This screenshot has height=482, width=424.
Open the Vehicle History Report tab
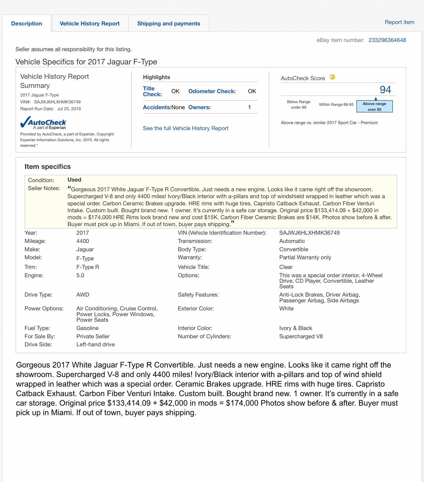89,23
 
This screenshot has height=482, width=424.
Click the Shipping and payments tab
168,23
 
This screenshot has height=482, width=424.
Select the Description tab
26,23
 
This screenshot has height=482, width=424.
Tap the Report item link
399,22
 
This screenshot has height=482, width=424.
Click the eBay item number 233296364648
387,40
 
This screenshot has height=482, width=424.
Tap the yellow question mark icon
332,77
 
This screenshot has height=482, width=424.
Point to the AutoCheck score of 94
385,90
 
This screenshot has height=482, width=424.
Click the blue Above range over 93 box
374,106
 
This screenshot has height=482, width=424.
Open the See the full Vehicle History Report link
185,128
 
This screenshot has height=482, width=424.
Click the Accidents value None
178,107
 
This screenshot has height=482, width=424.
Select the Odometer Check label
212,91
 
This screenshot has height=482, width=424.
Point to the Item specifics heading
47,166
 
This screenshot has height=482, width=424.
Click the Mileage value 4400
83,241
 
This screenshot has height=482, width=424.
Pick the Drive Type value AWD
83,295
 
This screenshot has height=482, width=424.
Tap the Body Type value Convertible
293,249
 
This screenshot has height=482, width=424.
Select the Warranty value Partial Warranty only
305,257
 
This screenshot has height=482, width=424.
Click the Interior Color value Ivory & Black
295,328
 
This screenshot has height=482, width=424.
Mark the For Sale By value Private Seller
93,336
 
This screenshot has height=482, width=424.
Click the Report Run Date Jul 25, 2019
69,109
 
